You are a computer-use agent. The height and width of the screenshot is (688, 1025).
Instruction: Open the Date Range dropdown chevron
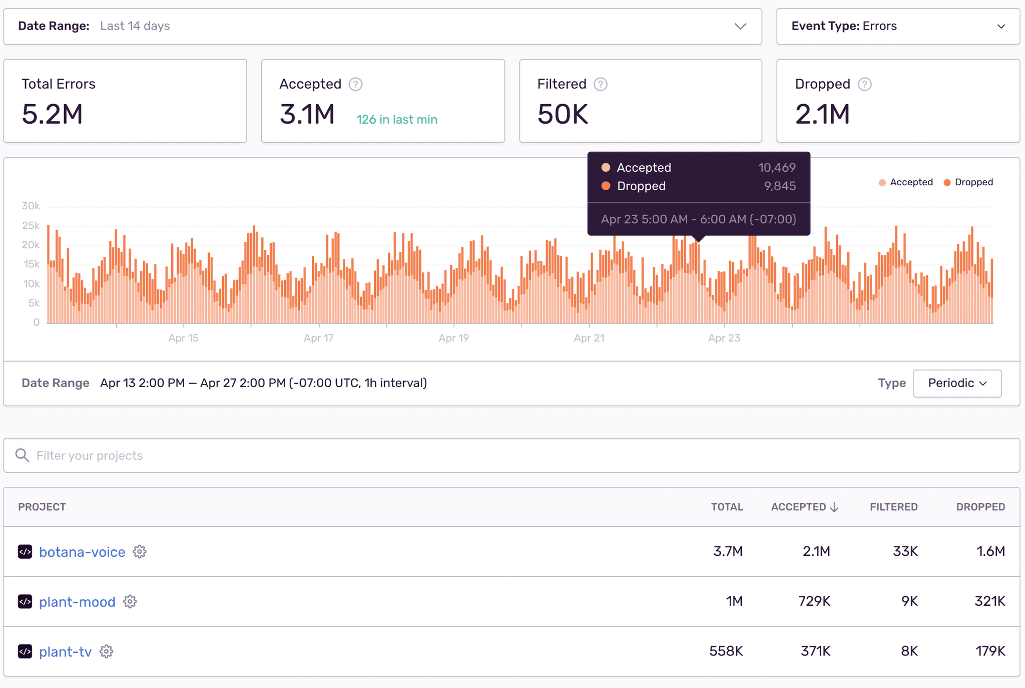(x=740, y=27)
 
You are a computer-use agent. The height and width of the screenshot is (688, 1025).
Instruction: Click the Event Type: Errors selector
(x=898, y=27)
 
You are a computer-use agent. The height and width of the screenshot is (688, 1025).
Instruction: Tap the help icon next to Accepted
(x=355, y=84)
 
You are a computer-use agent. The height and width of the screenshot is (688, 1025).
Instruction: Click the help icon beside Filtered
(x=600, y=84)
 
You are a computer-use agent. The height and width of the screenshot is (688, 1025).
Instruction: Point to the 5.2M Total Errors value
(x=52, y=114)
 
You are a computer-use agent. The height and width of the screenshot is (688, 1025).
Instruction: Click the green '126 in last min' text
(x=396, y=120)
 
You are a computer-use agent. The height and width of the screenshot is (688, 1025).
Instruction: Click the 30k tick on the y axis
(x=31, y=206)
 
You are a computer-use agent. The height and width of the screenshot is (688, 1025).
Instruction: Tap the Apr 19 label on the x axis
(x=453, y=338)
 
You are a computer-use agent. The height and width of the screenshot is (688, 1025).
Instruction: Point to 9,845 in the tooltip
(x=779, y=186)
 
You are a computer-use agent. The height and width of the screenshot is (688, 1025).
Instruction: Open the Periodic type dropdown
(x=957, y=383)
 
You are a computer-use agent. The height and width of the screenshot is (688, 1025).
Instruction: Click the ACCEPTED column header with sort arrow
(x=804, y=507)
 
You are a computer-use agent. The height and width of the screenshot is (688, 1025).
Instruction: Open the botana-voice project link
(x=82, y=552)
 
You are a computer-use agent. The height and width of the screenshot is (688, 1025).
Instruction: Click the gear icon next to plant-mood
(x=130, y=601)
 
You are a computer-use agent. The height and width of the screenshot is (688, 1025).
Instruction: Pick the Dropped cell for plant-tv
(x=990, y=651)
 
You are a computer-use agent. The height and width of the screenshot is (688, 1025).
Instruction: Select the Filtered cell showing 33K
(x=905, y=551)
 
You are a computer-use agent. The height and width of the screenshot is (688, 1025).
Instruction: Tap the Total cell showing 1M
(x=734, y=601)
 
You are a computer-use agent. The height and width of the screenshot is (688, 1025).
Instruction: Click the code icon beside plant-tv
(x=25, y=651)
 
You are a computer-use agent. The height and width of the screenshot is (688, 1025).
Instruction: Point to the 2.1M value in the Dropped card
(x=822, y=114)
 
